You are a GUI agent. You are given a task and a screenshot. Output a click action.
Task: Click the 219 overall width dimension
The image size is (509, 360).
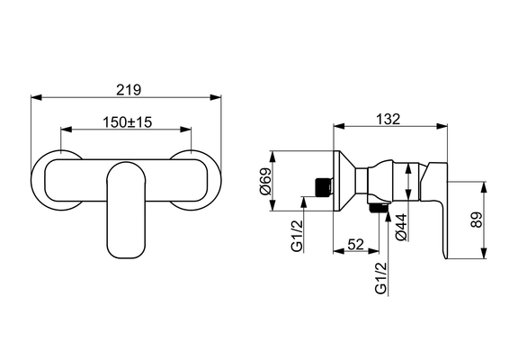tap(129, 90)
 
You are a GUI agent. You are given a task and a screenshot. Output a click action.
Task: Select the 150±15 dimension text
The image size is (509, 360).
tap(128, 122)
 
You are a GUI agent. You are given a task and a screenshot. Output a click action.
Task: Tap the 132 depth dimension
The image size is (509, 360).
tap(388, 119)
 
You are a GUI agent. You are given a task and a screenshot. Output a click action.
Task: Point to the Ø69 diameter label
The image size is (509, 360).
tap(265, 181)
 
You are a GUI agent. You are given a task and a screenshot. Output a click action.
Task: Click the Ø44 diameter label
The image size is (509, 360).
tap(402, 227)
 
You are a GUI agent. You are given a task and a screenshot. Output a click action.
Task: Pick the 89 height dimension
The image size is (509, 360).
tap(478, 220)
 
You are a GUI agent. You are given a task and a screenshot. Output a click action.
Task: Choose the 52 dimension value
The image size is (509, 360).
tap(356, 244)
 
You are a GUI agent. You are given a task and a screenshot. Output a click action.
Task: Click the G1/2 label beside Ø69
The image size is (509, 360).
tap(297, 236)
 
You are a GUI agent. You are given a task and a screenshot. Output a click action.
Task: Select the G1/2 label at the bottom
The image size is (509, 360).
tap(381, 278)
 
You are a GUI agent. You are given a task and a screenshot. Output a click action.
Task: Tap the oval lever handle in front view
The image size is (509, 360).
tap(126, 210)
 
